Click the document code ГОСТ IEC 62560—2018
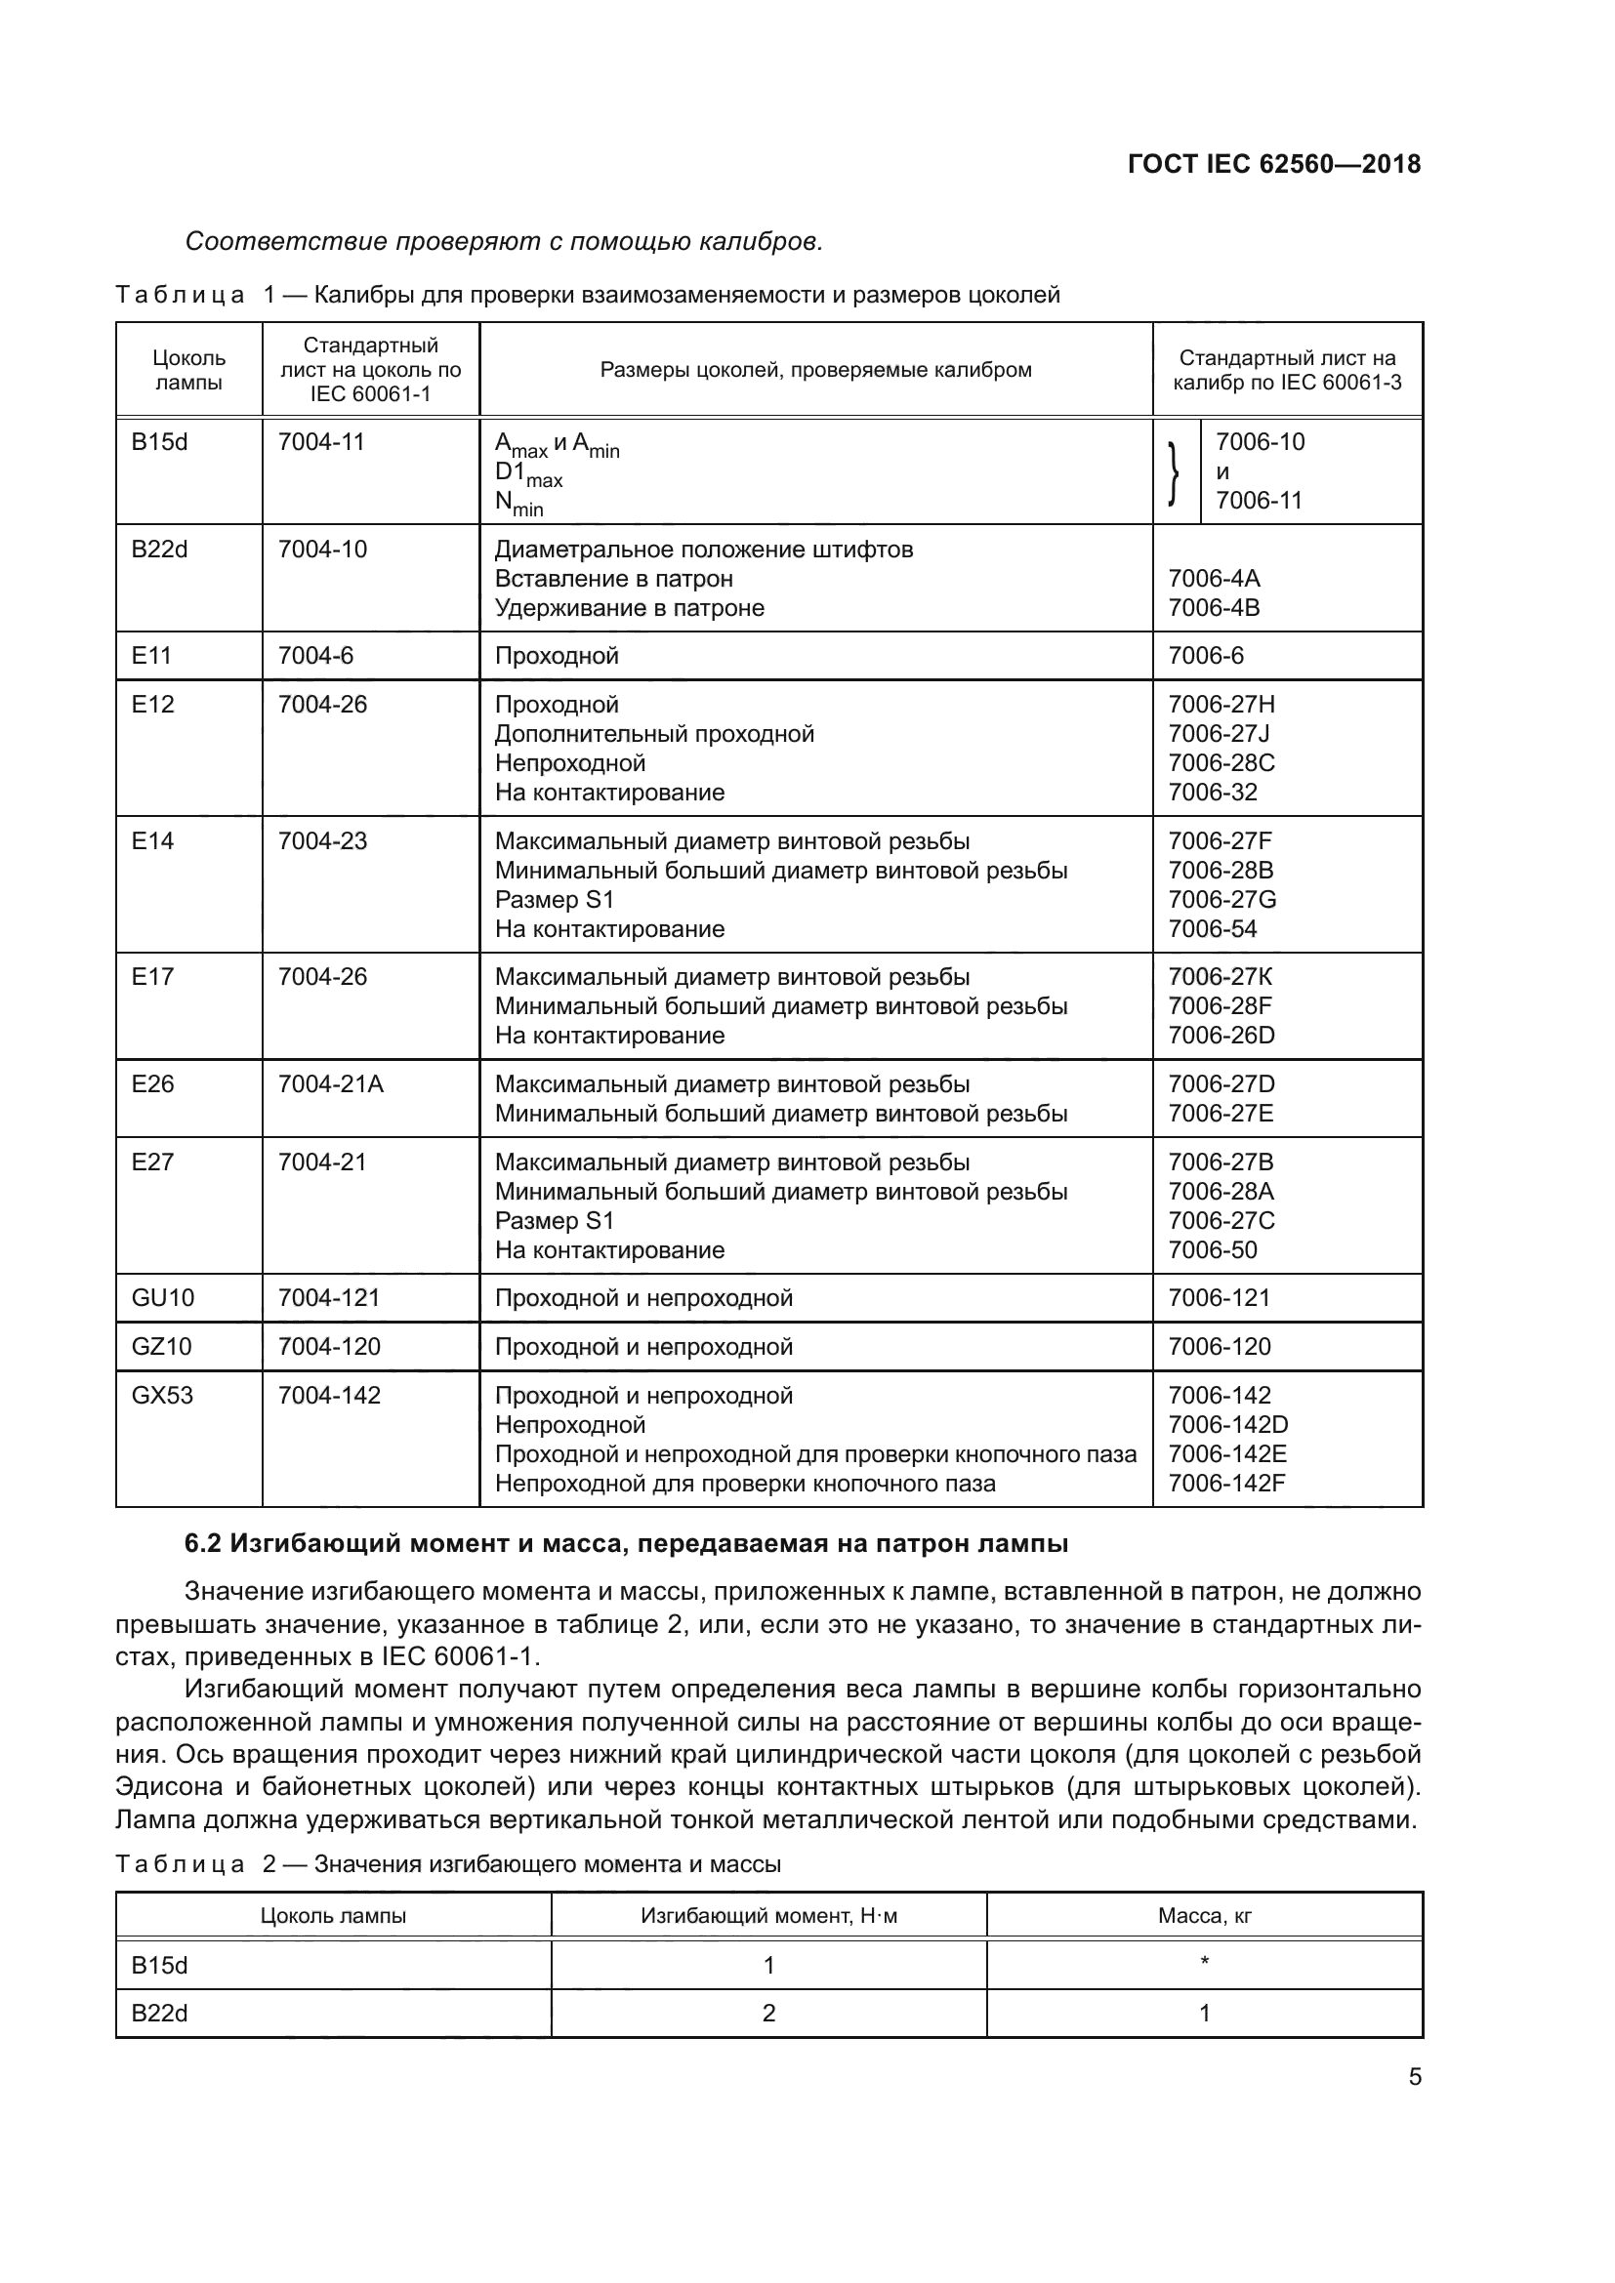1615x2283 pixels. coord(1274,164)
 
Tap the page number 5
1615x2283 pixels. coord(1414,2077)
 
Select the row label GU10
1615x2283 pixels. coord(163,1297)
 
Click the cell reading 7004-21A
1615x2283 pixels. coord(330,1083)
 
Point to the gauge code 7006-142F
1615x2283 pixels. coord(1226,1484)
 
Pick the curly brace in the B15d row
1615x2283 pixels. coord(1176,472)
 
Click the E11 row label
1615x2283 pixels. coord(152,655)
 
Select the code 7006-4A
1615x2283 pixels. coord(1214,579)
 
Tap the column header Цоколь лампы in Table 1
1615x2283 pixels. coord(189,370)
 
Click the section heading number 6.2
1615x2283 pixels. coord(203,1543)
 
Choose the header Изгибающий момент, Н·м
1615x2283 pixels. coord(768,1916)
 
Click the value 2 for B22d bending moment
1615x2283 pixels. coord(768,2014)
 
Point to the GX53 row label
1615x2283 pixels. coord(163,1395)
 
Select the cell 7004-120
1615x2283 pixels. coord(329,1346)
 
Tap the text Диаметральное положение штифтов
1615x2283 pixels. coord(703,550)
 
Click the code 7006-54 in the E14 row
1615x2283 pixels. coord(1213,928)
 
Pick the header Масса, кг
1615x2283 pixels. coord(1204,1916)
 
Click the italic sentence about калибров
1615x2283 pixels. coord(504,242)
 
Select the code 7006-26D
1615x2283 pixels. coord(1222,1035)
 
